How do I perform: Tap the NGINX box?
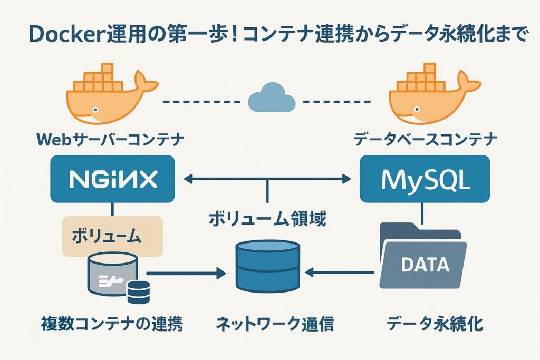coord(112,179)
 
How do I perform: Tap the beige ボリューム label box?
coord(112,236)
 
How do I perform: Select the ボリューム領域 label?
coord(268,218)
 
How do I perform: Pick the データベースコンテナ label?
coord(425,140)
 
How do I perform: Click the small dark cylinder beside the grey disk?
coord(139,291)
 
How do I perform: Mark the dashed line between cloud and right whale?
coord(337,100)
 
